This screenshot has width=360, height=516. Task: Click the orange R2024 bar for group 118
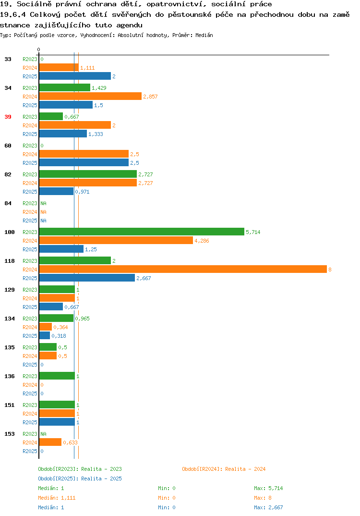point(183,269)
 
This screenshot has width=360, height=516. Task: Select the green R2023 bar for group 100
point(142,232)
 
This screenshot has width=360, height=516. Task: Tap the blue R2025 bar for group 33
point(75,76)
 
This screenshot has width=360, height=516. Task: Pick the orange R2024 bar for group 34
point(90,96)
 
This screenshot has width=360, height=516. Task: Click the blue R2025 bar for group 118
point(87,278)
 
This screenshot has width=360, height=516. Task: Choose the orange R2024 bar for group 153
point(50,442)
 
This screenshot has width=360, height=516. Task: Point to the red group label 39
point(8,117)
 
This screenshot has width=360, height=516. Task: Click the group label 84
point(8,203)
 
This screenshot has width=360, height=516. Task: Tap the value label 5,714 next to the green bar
point(253,232)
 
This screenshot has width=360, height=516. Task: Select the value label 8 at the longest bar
point(330,270)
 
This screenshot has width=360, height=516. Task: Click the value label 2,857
point(150,97)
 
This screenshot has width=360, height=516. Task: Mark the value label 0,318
point(59,336)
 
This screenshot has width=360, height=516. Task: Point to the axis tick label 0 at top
point(38,49)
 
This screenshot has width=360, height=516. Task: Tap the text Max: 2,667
point(268,507)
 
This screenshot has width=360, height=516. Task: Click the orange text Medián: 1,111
point(57,498)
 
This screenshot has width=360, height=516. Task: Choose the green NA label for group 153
point(43,434)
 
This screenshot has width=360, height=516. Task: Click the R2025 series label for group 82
point(30,192)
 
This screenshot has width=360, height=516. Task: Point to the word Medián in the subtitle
point(204,35)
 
